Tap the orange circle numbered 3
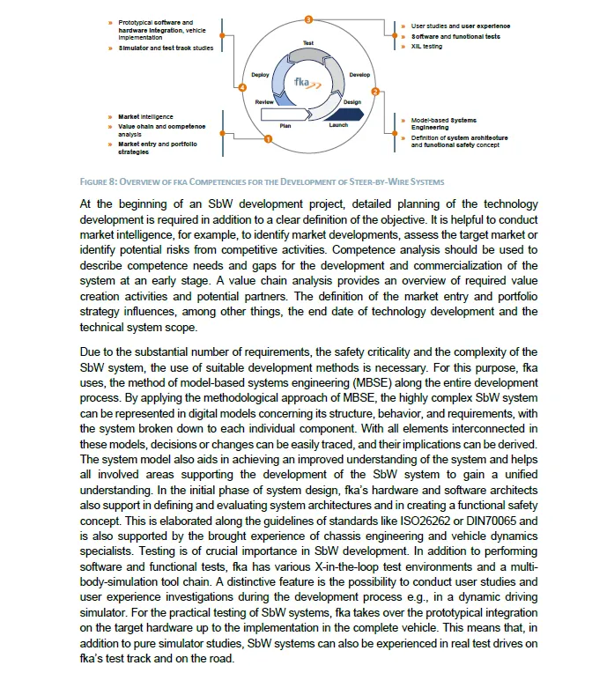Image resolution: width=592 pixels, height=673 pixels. coord(308,18)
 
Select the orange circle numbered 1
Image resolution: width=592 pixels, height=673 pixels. coord(267,138)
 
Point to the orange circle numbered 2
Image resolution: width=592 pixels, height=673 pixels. coord(376,92)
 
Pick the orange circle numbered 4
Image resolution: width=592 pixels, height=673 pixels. coord(242,87)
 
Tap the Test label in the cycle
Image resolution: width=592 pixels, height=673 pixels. coord(308,42)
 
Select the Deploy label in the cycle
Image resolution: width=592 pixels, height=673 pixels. coord(259,75)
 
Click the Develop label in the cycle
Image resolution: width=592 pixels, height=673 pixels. coord(359,75)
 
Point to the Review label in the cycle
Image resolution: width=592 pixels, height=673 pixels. coord(264,102)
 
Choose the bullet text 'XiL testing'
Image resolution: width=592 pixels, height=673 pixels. coord(426,47)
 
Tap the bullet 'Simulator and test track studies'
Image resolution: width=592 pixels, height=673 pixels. coord(165,48)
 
